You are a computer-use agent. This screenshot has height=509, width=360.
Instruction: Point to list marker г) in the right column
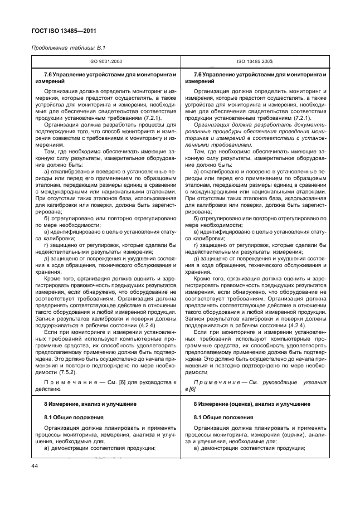pyautogui.click(x=196, y=245)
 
